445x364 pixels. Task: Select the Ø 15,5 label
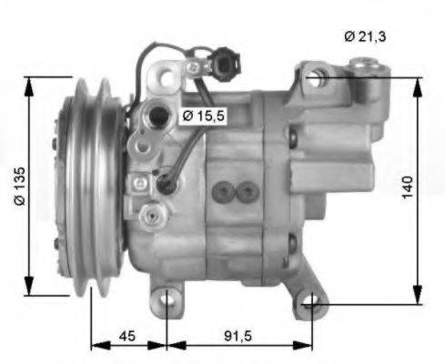201,116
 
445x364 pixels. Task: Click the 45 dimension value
128,336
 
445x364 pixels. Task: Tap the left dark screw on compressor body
223,191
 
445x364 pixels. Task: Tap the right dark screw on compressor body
247,191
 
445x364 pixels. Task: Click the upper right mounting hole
315,77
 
